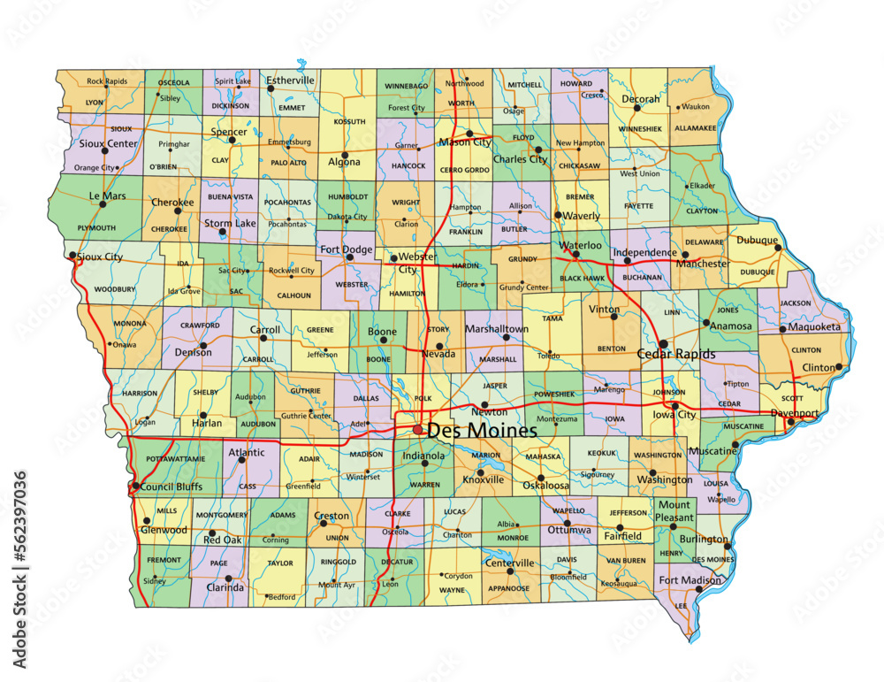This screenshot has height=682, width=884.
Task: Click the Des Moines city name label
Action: [481, 432]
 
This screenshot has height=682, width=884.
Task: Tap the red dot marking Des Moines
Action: [418, 430]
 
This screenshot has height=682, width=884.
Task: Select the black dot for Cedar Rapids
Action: [663, 343]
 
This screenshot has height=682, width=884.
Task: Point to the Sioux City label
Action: [100, 257]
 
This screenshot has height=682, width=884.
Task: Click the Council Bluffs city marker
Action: [134, 486]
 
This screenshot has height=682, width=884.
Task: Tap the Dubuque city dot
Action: [778, 249]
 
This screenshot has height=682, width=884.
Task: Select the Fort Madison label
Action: [689, 580]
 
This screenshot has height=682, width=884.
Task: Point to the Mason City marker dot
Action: [469, 134]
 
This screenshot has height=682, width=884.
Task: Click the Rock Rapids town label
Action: [108, 81]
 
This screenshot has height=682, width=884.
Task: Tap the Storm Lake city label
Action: [230, 224]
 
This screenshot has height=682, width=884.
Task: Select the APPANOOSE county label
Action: [508, 588]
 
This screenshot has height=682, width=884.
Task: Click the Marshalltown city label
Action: [497, 329]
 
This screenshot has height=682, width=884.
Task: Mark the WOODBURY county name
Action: [115, 288]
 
